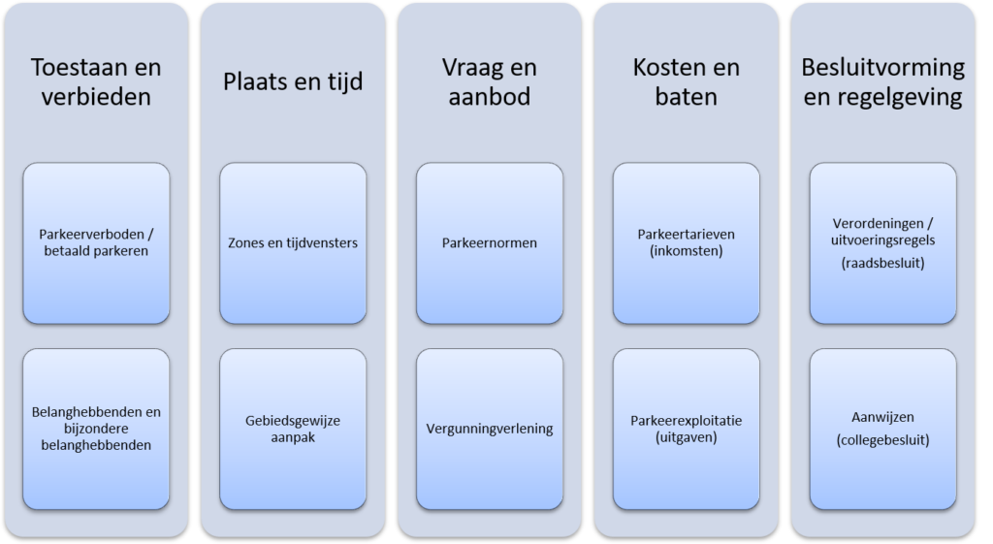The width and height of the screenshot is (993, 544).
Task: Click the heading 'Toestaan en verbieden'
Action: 96,81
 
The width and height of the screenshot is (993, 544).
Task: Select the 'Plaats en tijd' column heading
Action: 293,81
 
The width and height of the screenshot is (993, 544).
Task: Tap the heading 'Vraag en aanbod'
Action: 490,81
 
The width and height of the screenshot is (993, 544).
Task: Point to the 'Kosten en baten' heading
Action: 686,81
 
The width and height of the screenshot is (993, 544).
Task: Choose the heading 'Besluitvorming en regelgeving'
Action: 882,81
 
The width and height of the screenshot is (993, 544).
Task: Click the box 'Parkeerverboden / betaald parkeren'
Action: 96,243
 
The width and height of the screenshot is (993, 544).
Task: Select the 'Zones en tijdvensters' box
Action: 293,243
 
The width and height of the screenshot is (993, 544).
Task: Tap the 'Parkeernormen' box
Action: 490,243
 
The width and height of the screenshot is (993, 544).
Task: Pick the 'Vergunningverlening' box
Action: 490,429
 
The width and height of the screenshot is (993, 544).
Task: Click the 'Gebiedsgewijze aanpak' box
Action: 293,429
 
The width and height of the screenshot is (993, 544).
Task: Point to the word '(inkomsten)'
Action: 686,251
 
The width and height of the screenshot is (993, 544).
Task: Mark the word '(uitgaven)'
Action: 686,437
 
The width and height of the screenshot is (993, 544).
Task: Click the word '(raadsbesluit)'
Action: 882,263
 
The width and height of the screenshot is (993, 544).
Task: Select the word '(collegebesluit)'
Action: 882,440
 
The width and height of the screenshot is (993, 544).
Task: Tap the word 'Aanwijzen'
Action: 882,417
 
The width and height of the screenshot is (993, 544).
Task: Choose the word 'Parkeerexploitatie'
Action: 686,421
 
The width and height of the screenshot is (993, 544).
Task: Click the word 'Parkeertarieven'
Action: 686,235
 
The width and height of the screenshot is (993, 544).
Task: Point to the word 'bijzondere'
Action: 96,429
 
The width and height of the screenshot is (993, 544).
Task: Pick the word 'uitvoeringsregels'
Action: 882,240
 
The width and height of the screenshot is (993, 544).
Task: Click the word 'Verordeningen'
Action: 879,224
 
